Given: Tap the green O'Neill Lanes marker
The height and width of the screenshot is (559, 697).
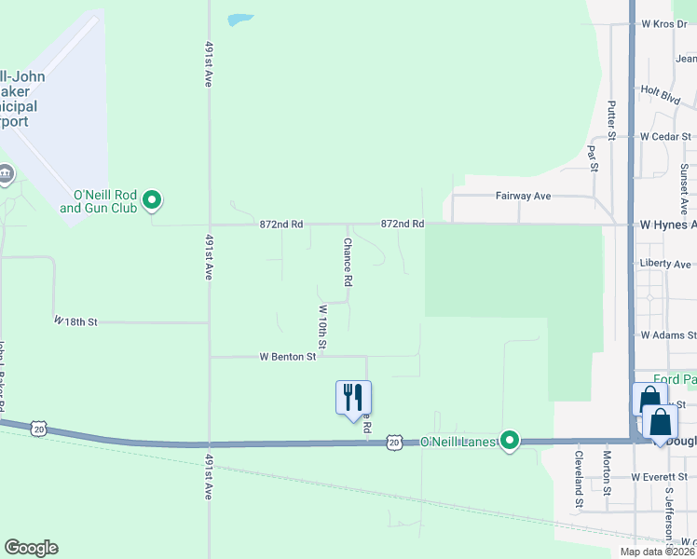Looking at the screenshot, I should click(x=509, y=440).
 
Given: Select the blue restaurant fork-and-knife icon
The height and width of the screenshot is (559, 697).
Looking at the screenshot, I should click(x=353, y=397).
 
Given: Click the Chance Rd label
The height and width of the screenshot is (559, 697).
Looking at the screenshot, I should click(x=347, y=262).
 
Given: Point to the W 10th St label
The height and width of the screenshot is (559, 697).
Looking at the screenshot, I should click(x=322, y=327).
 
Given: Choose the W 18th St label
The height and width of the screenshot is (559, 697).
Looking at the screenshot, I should click(x=75, y=321).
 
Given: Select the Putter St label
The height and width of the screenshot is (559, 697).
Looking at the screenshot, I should click(x=611, y=120).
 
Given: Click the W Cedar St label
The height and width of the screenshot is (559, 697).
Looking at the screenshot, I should click(x=664, y=136).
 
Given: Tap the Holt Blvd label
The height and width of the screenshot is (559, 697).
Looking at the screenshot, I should click(x=660, y=93).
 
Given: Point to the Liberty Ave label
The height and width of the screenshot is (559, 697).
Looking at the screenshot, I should click(x=665, y=264).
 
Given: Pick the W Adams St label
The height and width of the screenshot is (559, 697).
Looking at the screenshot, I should click(x=663, y=334).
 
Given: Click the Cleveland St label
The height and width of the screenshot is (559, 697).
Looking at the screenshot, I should click(x=579, y=472).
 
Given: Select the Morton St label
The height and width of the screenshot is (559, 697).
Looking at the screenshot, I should click(x=607, y=470).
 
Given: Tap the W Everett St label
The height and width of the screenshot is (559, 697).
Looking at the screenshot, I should click(x=659, y=477).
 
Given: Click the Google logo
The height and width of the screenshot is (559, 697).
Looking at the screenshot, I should click(x=31, y=548).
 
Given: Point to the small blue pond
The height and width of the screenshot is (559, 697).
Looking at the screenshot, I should click(x=240, y=19).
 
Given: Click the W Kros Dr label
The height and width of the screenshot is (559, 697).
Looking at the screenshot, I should click(x=663, y=23).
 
